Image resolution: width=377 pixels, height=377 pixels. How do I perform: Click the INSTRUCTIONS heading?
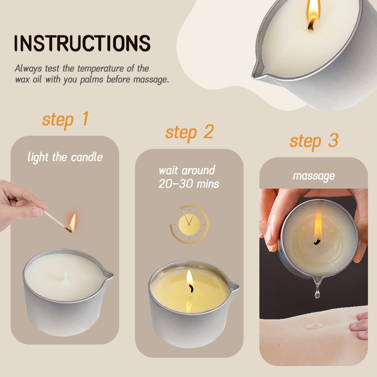[82, 43]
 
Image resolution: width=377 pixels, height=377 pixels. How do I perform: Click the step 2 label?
[190, 132]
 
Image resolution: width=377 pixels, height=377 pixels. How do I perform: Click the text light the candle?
[65, 157]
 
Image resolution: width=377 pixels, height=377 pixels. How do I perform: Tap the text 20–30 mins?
[188, 184]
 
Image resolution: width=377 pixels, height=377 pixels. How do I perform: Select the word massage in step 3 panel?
[314, 176]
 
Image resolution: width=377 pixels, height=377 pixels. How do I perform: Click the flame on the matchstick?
[72, 221]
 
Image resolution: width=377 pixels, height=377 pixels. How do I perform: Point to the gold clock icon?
[189, 224]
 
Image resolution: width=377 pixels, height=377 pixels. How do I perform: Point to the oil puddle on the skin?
[314, 326]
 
